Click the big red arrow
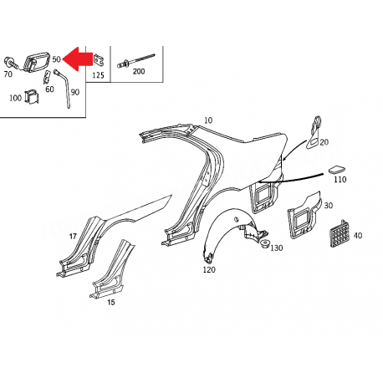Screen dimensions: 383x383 [x=78, y=59]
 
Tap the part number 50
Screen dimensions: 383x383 [x=56, y=59]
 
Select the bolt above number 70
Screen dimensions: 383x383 [x=11, y=64]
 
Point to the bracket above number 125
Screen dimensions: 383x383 [x=99, y=60]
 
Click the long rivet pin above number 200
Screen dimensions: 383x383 [x=135, y=60]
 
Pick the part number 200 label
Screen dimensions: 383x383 [x=139, y=72]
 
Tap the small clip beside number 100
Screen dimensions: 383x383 [x=32, y=97]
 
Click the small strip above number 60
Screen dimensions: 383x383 [x=47, y=77]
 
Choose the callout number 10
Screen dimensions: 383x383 [x=208, y=120]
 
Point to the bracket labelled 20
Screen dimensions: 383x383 [x=314, y=132]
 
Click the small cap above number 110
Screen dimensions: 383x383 [x=336, y=170]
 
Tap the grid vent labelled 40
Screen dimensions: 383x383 [x=340, y=233]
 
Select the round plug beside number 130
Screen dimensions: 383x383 [x=263, y=243]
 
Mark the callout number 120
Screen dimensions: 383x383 [x=209, y=270]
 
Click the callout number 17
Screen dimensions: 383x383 [x=73, y=237]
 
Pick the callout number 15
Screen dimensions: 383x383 [x=111, y=302]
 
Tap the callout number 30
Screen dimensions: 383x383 [x=329, y=206]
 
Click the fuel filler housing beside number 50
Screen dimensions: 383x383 [x=36, y=62]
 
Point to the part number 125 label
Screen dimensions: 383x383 [x=98, y=75]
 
